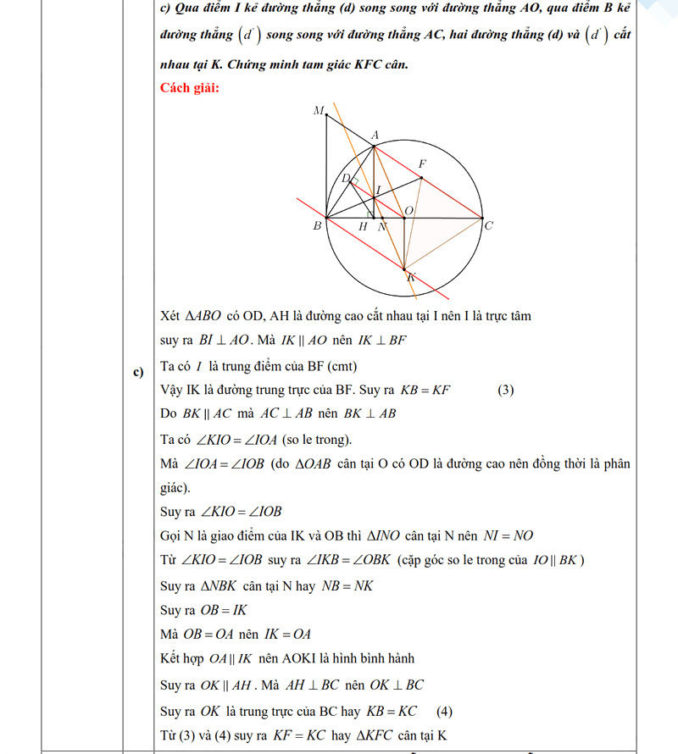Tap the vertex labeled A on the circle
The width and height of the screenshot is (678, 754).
[375, 146]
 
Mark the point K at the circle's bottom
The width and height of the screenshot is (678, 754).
[407, 270]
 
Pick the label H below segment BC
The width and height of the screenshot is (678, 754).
[363, 227]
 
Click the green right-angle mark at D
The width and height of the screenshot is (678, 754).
[355, 181]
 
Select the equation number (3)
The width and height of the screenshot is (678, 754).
[506, 391]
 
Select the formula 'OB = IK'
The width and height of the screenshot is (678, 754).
[223, 610]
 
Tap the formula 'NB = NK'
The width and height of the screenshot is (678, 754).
[347, 585]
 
